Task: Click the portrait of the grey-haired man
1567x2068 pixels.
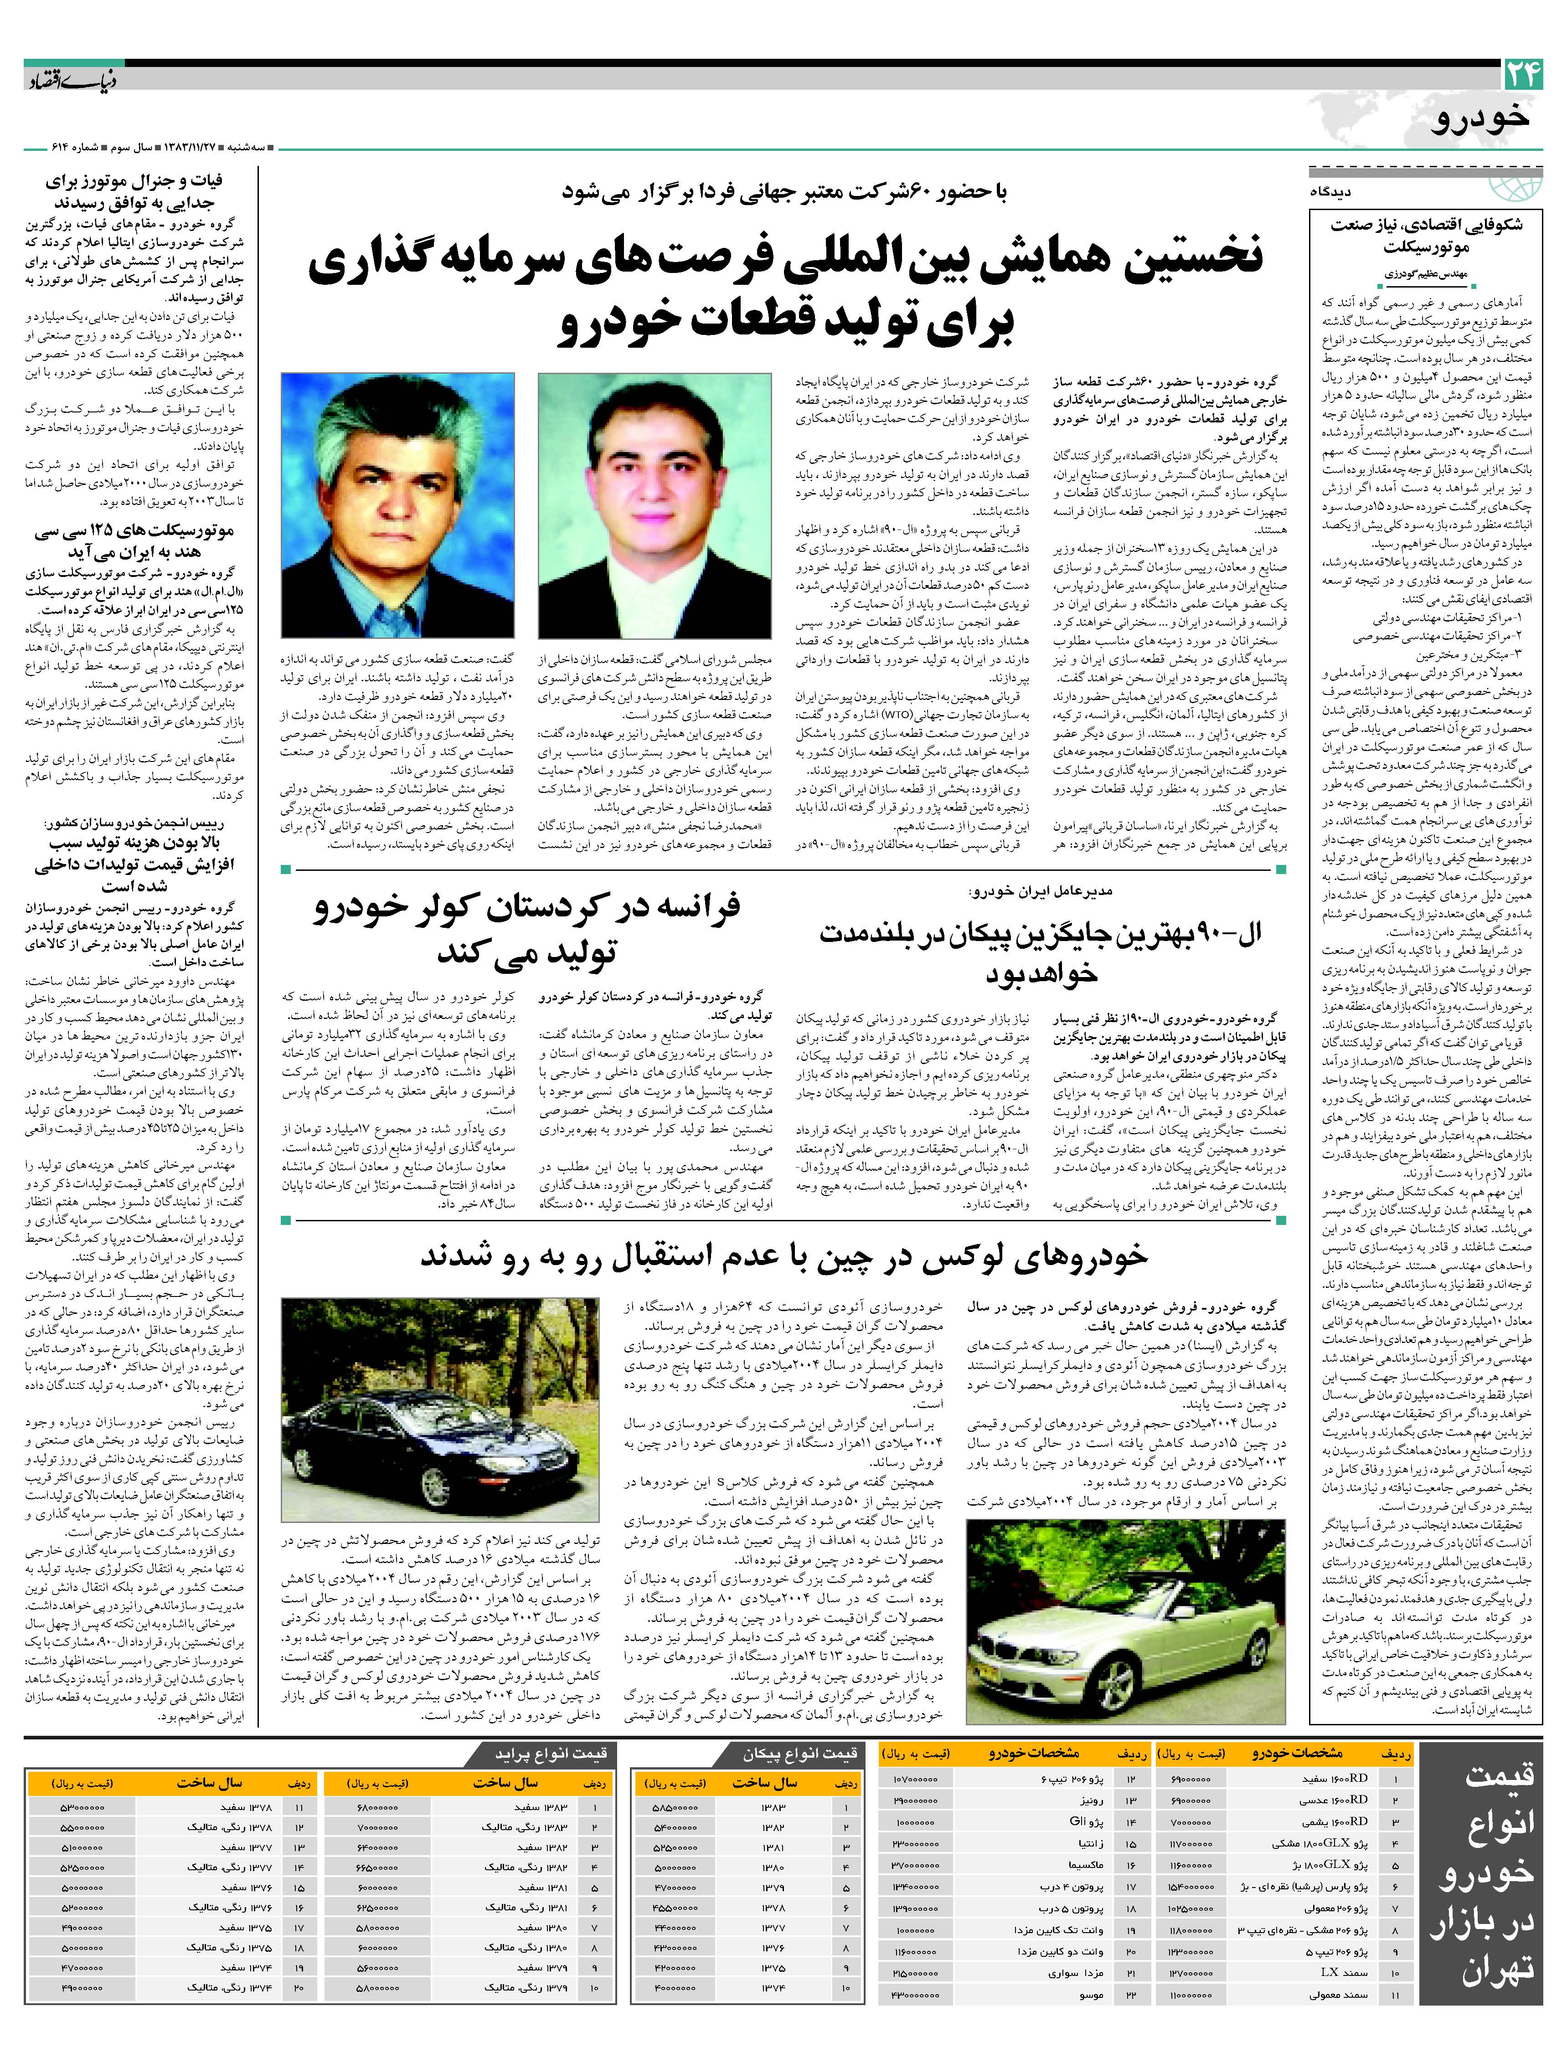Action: click(x=397, y=505)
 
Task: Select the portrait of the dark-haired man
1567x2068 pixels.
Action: click(x=655, y=505)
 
